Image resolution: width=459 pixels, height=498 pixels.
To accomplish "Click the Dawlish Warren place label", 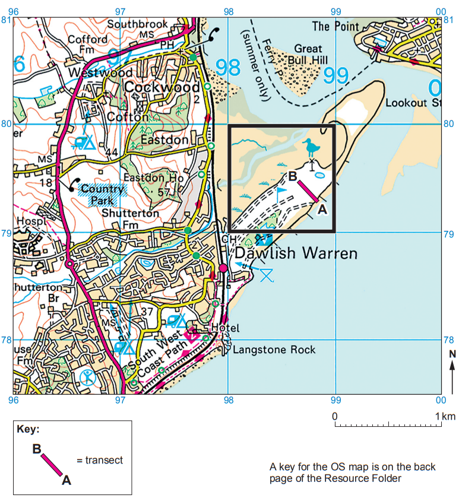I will [x=296, y=254].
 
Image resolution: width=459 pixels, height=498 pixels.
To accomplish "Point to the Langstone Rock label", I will [x=274, y=350].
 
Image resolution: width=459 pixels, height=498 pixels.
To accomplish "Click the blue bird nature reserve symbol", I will [x=310, y=148].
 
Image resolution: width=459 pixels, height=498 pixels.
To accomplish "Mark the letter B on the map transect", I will [x=292, y=176].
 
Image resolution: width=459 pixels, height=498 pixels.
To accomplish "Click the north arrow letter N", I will [x=452, y=354].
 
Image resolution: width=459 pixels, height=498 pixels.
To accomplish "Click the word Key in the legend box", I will [x=28, y=429].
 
